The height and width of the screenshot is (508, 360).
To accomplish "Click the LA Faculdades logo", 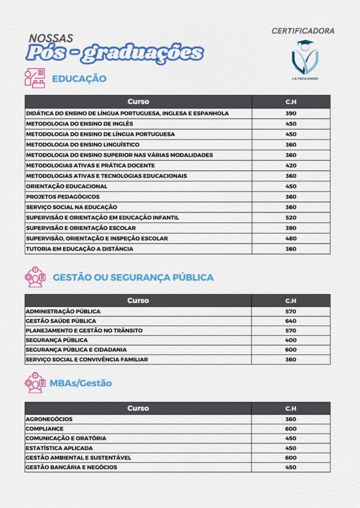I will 305,61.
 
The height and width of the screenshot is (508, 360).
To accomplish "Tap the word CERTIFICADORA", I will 303,31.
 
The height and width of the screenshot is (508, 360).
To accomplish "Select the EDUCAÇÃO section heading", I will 79,78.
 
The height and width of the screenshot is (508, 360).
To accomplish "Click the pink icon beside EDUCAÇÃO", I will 35,78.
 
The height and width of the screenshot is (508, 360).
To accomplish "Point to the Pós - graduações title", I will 115,53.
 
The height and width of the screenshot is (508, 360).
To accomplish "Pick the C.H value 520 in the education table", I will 290,217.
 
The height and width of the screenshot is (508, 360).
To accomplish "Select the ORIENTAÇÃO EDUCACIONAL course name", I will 67,186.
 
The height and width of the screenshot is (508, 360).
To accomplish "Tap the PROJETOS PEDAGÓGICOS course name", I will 63,196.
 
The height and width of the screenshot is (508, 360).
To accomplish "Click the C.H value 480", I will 290,238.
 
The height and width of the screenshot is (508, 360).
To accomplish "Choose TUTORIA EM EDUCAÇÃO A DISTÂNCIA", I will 79,249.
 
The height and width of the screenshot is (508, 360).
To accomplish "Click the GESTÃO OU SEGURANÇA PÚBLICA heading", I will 133,277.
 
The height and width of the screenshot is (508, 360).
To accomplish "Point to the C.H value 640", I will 290,321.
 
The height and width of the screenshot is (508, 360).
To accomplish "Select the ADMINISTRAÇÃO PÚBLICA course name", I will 63,312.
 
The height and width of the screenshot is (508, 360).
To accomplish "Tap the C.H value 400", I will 290,340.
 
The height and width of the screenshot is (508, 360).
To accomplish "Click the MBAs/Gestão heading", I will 80,383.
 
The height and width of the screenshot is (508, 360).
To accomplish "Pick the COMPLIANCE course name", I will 45,429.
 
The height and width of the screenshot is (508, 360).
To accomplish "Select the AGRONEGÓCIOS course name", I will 49,419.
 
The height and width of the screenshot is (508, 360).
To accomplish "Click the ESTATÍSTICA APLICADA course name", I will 59,448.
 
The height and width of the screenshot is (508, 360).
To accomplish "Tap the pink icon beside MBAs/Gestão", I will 35,382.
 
